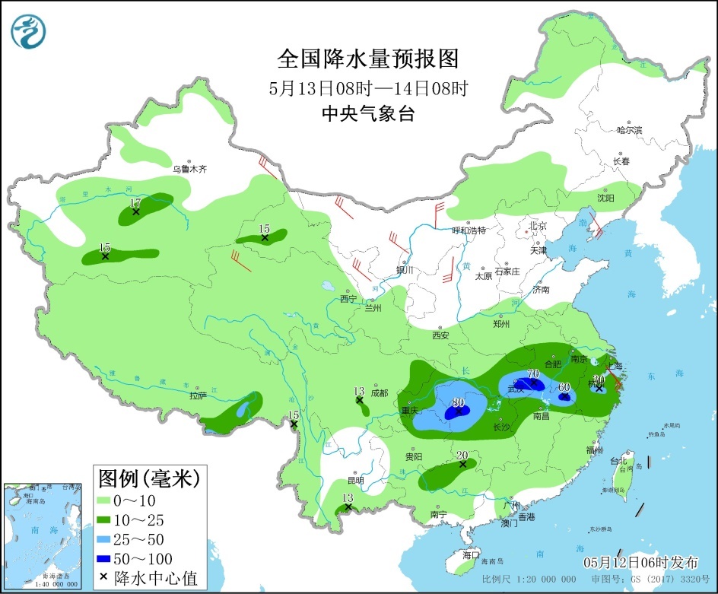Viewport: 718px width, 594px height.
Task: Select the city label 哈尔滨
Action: click(629, 130)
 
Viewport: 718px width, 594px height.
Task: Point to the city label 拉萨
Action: click(198, 395)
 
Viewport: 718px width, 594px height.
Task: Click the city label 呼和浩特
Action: click(469, 230)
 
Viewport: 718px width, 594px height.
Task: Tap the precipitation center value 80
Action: click(459, 402)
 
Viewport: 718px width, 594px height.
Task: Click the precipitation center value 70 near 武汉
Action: click(533, 373)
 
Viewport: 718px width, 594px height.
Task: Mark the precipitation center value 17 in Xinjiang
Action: click(135, 203)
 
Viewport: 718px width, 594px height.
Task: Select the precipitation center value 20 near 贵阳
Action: click(462, 456)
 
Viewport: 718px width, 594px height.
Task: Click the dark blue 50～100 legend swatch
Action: click(110, 559)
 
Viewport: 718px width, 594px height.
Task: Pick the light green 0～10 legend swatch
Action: click(110, 500)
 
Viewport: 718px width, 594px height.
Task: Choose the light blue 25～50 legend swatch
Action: click(110, 539)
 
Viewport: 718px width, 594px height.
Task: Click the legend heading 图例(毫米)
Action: click(148, 478)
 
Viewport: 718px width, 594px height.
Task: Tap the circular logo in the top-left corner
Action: click(29, 30)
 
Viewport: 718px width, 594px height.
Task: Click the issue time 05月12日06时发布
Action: click(640, 562)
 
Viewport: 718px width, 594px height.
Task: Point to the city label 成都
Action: click(379, 393)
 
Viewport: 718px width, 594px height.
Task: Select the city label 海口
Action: click(472, 554)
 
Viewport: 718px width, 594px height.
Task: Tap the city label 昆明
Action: click(355, 481)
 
